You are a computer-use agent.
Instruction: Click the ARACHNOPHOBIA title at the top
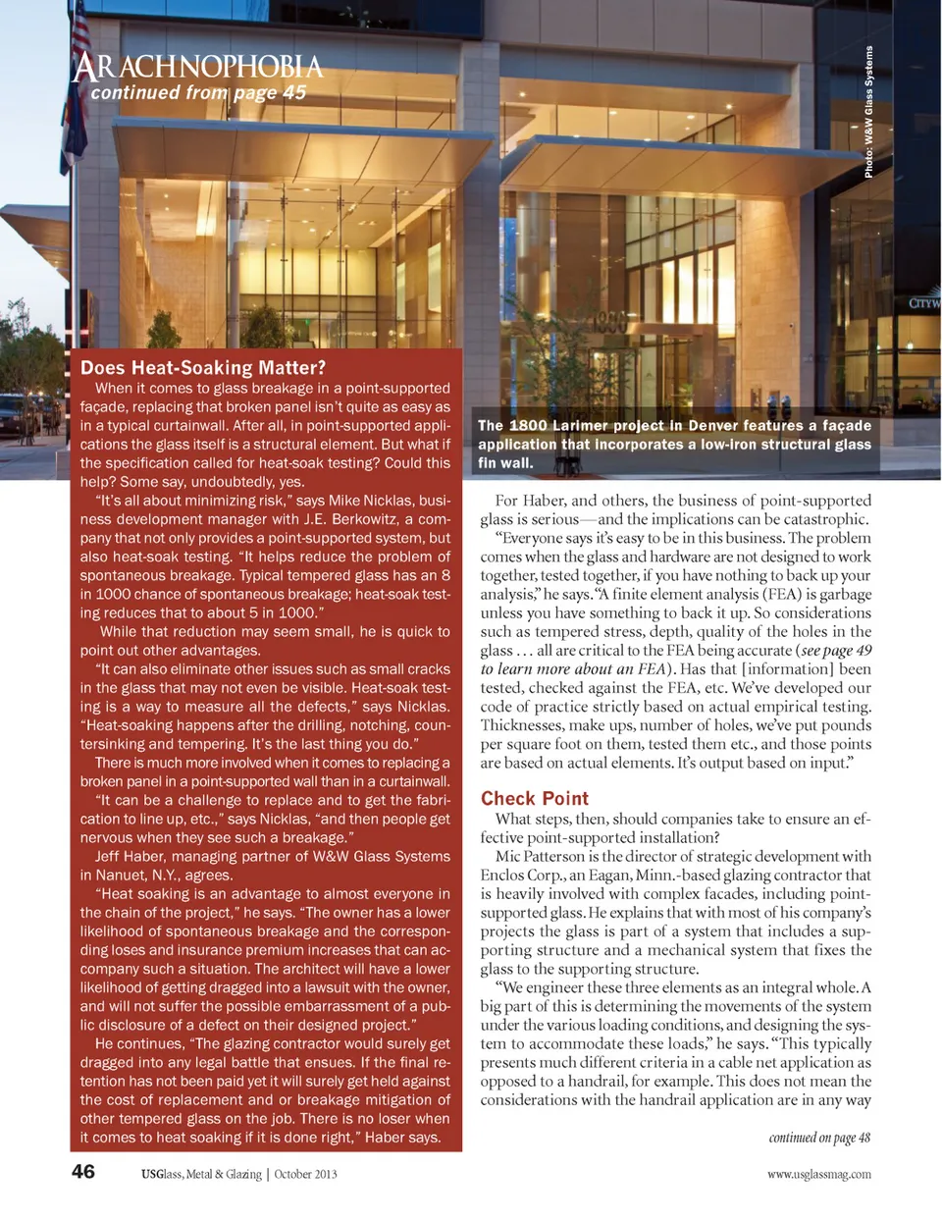197,67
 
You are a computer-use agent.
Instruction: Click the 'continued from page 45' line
198,93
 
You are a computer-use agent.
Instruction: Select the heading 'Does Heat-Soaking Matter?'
203,368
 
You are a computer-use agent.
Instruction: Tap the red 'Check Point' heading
535,798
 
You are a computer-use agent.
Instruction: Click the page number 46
83,1171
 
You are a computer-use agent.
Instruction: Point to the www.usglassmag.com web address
819,1174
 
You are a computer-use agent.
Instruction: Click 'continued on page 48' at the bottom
819,1138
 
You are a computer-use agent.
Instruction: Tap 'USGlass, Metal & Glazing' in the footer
201,1174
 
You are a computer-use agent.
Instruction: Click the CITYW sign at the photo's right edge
924,302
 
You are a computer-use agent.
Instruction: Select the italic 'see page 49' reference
835,651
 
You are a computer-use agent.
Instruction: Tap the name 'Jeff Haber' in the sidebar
130,857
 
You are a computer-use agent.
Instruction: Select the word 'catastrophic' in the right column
822,519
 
